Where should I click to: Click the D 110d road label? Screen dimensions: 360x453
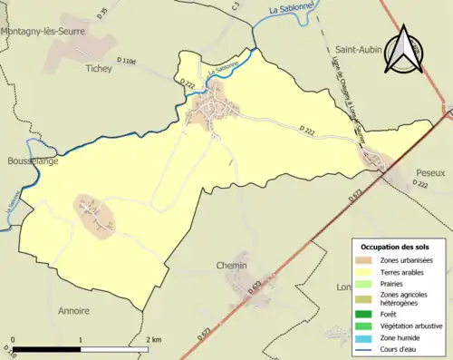click(x=124, y=62)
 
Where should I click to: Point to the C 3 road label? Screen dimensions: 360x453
click(x=235, y=7)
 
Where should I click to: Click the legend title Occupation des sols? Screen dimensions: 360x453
click(x=395, y=247)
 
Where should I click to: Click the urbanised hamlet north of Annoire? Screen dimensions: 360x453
click(x=95, y=216)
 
